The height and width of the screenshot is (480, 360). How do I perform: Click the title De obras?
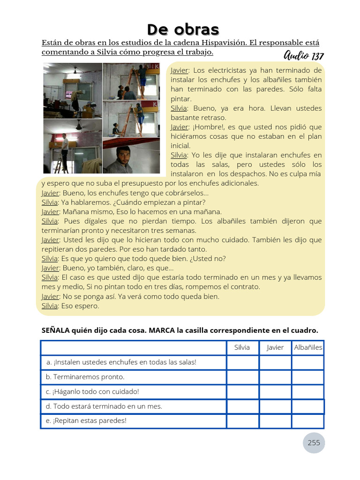coord(183,29)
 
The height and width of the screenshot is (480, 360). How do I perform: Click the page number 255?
coord(314,442)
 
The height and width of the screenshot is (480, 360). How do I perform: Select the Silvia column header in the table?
coord(242,347)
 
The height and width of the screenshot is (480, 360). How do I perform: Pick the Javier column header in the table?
coord(275,347)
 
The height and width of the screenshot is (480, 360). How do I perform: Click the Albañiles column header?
coord(308,347)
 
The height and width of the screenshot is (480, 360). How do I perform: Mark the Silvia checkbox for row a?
coord(243,362)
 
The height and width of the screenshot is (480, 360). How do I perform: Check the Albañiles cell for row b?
coord(308,377)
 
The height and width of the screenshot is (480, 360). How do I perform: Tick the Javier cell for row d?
coord(275,406)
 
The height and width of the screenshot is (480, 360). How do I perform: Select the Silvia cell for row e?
coord(243,420)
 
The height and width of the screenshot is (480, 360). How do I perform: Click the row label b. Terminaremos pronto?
coord(85,377)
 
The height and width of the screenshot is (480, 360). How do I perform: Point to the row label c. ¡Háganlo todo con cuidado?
coord(93,391)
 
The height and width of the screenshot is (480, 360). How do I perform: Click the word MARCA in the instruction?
coord(162,330)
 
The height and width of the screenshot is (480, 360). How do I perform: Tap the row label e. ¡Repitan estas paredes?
coord(86,420)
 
